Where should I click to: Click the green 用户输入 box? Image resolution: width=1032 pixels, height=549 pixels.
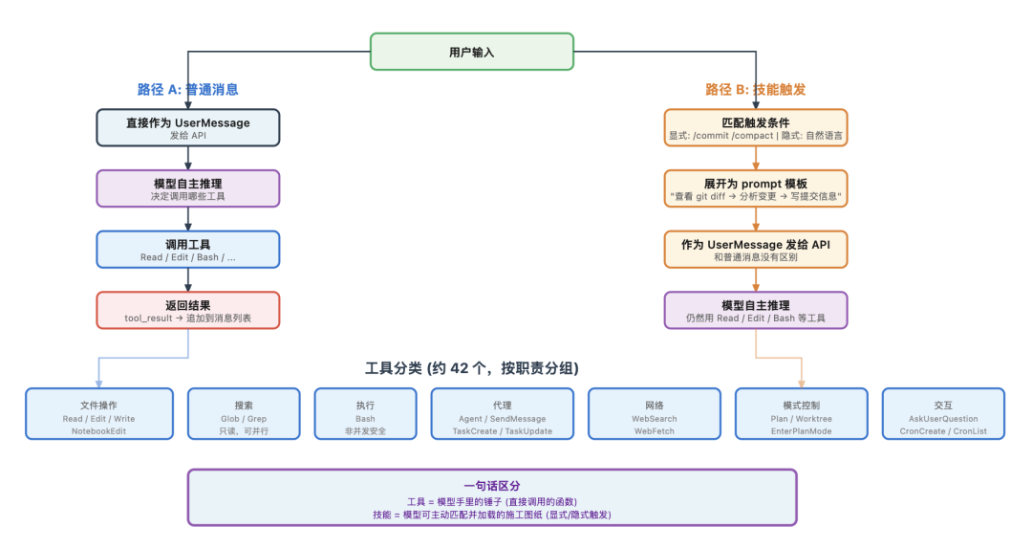point(471,52)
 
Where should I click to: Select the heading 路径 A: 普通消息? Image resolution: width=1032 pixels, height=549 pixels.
point(187,90)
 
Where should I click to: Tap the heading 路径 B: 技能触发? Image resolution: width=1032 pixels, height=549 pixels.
point(755,90)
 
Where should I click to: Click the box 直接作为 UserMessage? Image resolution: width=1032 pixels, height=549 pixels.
point(187,128)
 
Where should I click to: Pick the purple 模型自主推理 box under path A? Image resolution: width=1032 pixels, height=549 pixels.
point(187,188)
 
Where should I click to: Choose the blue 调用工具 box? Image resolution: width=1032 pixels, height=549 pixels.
point(187,249)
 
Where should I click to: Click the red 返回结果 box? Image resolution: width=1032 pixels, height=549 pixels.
point(187,310)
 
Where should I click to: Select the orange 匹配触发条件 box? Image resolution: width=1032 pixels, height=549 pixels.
point(755,128)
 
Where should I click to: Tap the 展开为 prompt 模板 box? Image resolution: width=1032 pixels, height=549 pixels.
point(755,188)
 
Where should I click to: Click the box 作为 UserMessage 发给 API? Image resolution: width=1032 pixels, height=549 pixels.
point(755,249)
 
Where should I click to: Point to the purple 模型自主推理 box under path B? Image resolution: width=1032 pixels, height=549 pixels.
point(755,310)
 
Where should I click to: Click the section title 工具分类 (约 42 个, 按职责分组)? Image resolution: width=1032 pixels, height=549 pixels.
point(471,368)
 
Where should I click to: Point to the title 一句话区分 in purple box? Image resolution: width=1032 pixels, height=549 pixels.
point(491,486)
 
